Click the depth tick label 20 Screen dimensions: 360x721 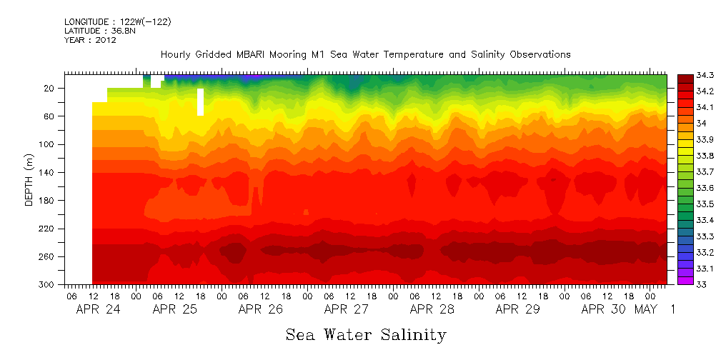point(50,88)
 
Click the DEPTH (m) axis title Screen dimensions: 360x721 point(29,181)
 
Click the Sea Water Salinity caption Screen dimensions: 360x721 point(366,334)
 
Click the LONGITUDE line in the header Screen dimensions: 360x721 point(117,22)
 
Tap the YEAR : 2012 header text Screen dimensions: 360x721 point(90,40)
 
